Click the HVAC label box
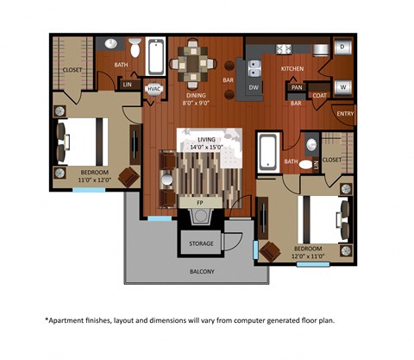pos(155,88)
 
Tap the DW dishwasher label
pos(254,87)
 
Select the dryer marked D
pos(342,47)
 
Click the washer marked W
pos(342,86)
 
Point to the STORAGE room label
pos(201,243)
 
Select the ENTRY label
pos(345,113)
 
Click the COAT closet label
pos(320,96)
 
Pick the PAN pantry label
pos(296,86)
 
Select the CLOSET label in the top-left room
pos(72,70)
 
